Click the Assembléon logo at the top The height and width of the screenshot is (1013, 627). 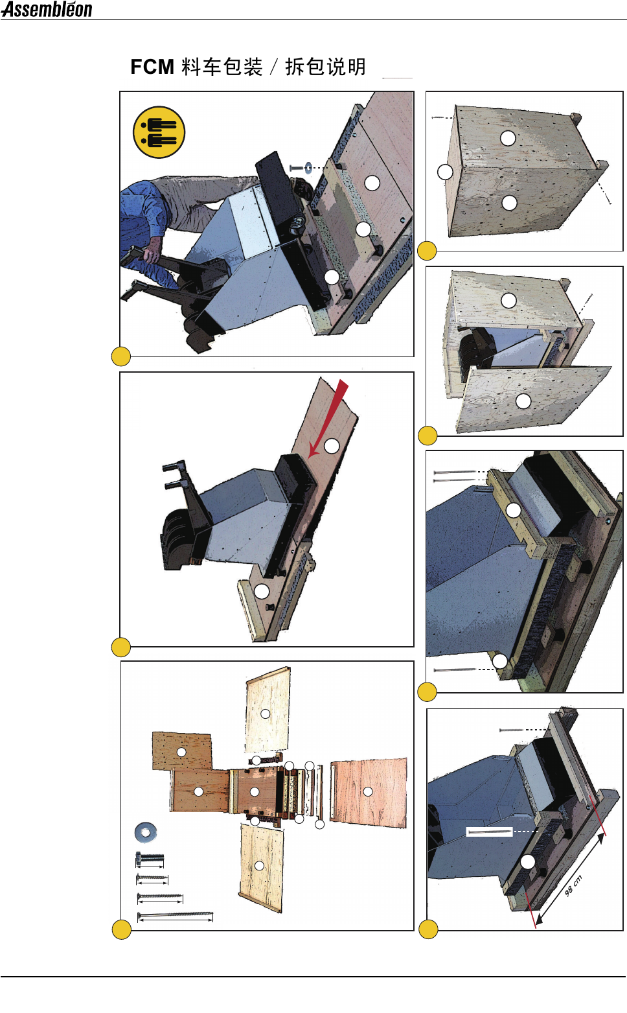click(x=47, y=9)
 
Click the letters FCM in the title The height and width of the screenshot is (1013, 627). click(x=152, y=67)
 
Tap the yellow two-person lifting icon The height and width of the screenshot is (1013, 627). click(x=159, y=132)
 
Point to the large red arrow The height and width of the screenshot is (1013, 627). click(x=328, y=418)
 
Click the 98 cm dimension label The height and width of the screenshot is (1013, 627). click(x=573, y=885)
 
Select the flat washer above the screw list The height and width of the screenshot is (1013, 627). click(x=146, y=832)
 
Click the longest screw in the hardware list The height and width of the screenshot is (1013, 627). click(x=175, y=916)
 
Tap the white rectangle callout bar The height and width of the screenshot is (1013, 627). click(x=489, y=831)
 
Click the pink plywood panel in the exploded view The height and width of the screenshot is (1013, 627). click(x=369, y=792)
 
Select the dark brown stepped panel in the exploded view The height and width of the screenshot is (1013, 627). click(x=182, y=751)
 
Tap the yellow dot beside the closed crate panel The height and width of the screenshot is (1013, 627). click(x=427, y=251)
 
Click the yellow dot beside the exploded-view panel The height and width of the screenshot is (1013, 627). click(x=122, y=930)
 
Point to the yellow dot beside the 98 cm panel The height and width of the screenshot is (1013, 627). click(x=428, y=929)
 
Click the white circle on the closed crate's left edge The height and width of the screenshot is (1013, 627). click(x=445, y=172)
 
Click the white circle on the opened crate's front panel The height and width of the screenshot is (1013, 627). click(x=523, y=401)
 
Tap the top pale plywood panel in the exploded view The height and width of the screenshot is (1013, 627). click(x=267, y=710)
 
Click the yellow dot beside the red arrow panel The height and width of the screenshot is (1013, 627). click(x=120, y=647)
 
